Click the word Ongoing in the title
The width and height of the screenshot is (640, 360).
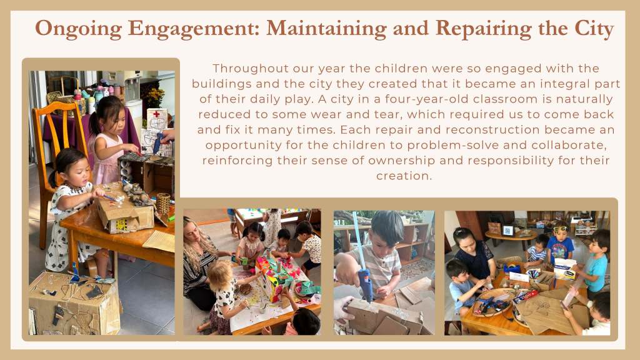pos(78,29)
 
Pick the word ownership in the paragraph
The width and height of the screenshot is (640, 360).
pos(401,161)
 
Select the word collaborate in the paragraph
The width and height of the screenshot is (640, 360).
pos(569,145)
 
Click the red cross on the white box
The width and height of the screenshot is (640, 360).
pos(156,114)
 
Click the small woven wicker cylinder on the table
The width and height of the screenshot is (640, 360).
pos(163,203)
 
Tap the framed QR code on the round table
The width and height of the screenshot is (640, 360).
pos(507,231)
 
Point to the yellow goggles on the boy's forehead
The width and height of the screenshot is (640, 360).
pos(561,229)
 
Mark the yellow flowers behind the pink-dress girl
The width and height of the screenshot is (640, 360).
pos(156,96)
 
